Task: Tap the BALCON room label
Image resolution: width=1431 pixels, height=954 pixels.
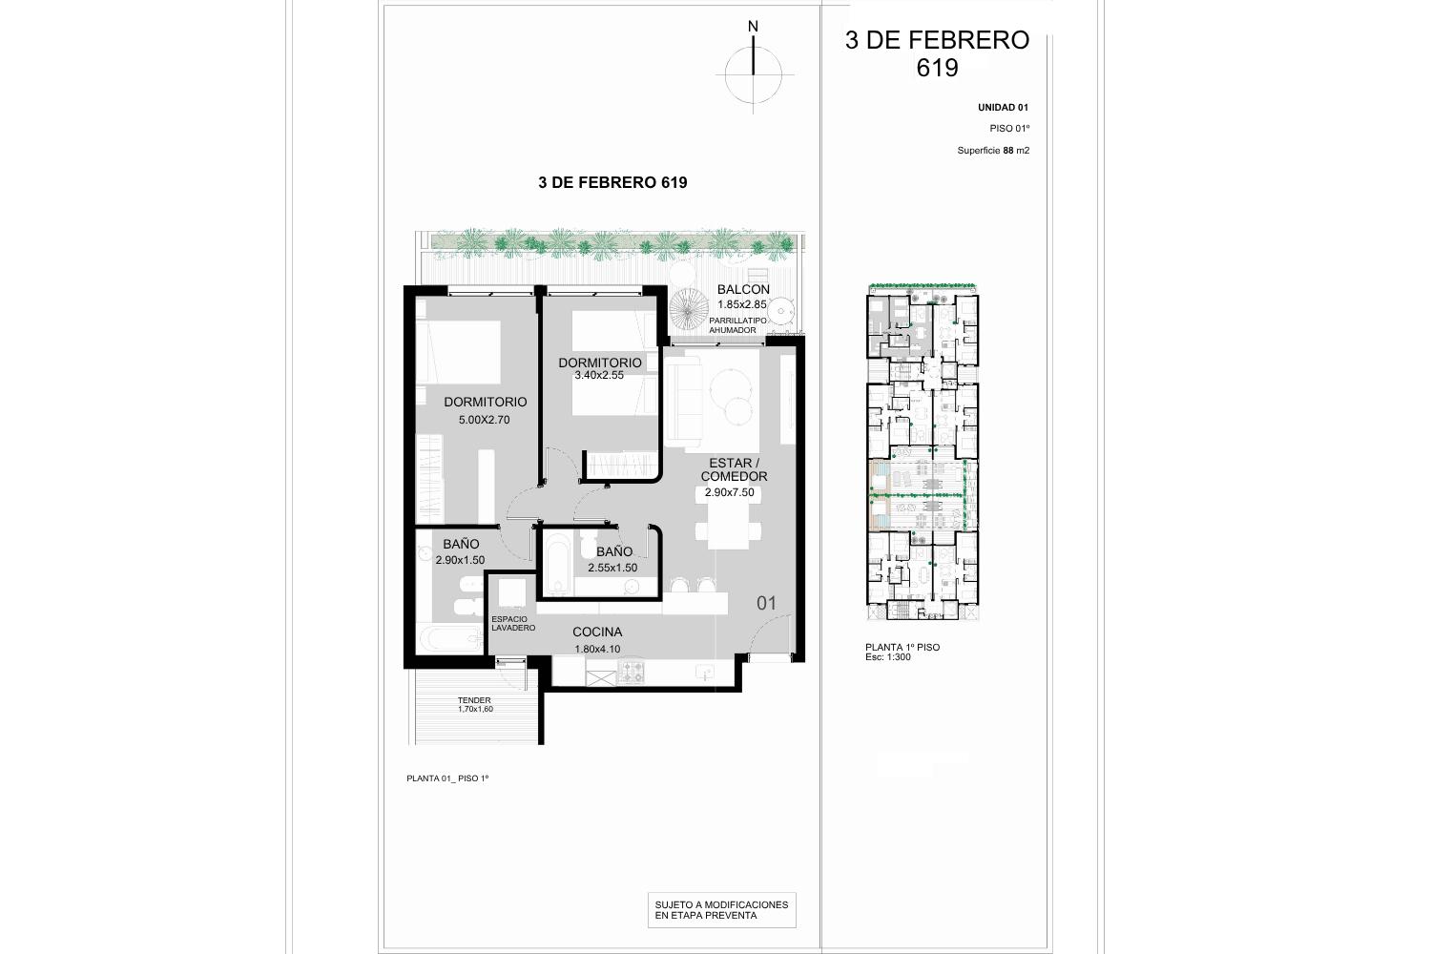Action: click(x=743, y=289)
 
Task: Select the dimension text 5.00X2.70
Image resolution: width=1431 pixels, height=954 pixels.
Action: click(x=484, y=420)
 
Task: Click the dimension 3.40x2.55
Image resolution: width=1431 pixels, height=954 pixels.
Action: click(x=598, y=375)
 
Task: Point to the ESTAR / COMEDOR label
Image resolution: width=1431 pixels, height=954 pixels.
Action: click(x=734, y=469)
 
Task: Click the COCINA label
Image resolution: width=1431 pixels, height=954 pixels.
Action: click(x=596, y=632)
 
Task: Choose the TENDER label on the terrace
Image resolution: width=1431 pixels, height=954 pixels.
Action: click(x=474, y=700)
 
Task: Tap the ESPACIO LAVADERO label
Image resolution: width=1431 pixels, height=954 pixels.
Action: click(x=513, y=624)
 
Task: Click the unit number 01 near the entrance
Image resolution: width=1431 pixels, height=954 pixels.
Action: click(x=766, y=603)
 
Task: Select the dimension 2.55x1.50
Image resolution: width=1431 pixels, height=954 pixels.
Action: click(x=612, y=568)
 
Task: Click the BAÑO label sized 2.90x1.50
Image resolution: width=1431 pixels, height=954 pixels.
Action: click(x=461, y=544)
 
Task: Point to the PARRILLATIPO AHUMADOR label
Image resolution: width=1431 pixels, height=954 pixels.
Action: click(x=737, y=325)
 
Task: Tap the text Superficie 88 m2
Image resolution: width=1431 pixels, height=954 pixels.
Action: click(x=993, y=151)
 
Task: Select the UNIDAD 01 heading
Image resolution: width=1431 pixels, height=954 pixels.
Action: click(x=1003, y=108)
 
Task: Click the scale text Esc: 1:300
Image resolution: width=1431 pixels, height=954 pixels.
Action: click(x=888, y=657)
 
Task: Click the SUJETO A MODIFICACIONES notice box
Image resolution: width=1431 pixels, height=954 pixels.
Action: click(x=722, y=910)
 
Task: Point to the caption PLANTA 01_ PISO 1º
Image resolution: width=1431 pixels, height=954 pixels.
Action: click(x=447, y=778)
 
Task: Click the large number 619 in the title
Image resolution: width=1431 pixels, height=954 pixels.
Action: click(x=937, y=68)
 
